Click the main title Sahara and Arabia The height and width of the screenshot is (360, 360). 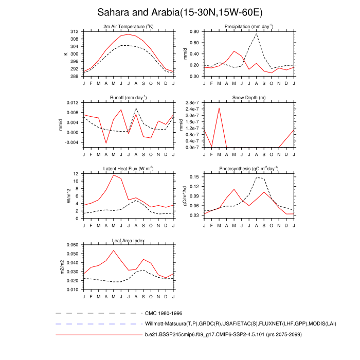click(x=179, y=12)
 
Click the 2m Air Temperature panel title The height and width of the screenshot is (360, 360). click(x=129, y=27)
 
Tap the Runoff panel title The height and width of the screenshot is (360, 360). click(x=129, y=98)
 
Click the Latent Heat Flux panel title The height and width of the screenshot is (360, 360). click(x=129, y=169)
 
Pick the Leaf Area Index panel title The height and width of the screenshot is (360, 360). click(x=129, y=240)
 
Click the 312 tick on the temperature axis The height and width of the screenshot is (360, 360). click(x=75, y=31)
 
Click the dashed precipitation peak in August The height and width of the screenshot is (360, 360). click(x=257, y=34)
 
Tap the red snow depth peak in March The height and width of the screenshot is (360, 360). click(x=219, y=108)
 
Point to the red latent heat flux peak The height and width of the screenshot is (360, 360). click(x=114, y=175)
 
